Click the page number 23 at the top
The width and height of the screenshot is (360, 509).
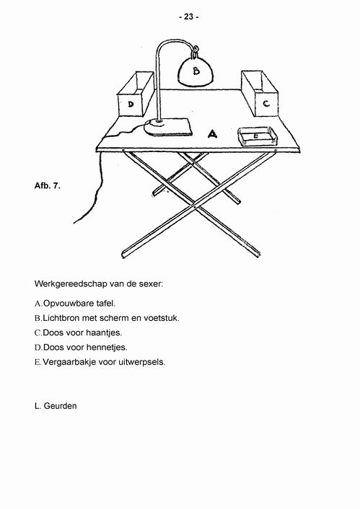pos(188,17)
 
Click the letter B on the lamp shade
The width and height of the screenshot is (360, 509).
pos(196,71)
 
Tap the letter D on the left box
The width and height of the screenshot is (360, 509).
pos(131,105)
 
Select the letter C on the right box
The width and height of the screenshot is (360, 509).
pos(266,104)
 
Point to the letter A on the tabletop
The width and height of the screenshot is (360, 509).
pos(212,133)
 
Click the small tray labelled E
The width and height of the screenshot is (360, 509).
pos(258,137)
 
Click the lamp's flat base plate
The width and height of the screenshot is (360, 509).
pos(168,127)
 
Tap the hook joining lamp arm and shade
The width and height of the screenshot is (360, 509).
pos(196,52)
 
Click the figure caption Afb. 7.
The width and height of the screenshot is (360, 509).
pos(48,186)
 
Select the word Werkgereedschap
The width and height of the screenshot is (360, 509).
pos(71,284)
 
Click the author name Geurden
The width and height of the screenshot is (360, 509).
pos(60,406)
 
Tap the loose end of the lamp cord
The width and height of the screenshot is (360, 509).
pos(74,223)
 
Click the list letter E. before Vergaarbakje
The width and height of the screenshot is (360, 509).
pos(38,362)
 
